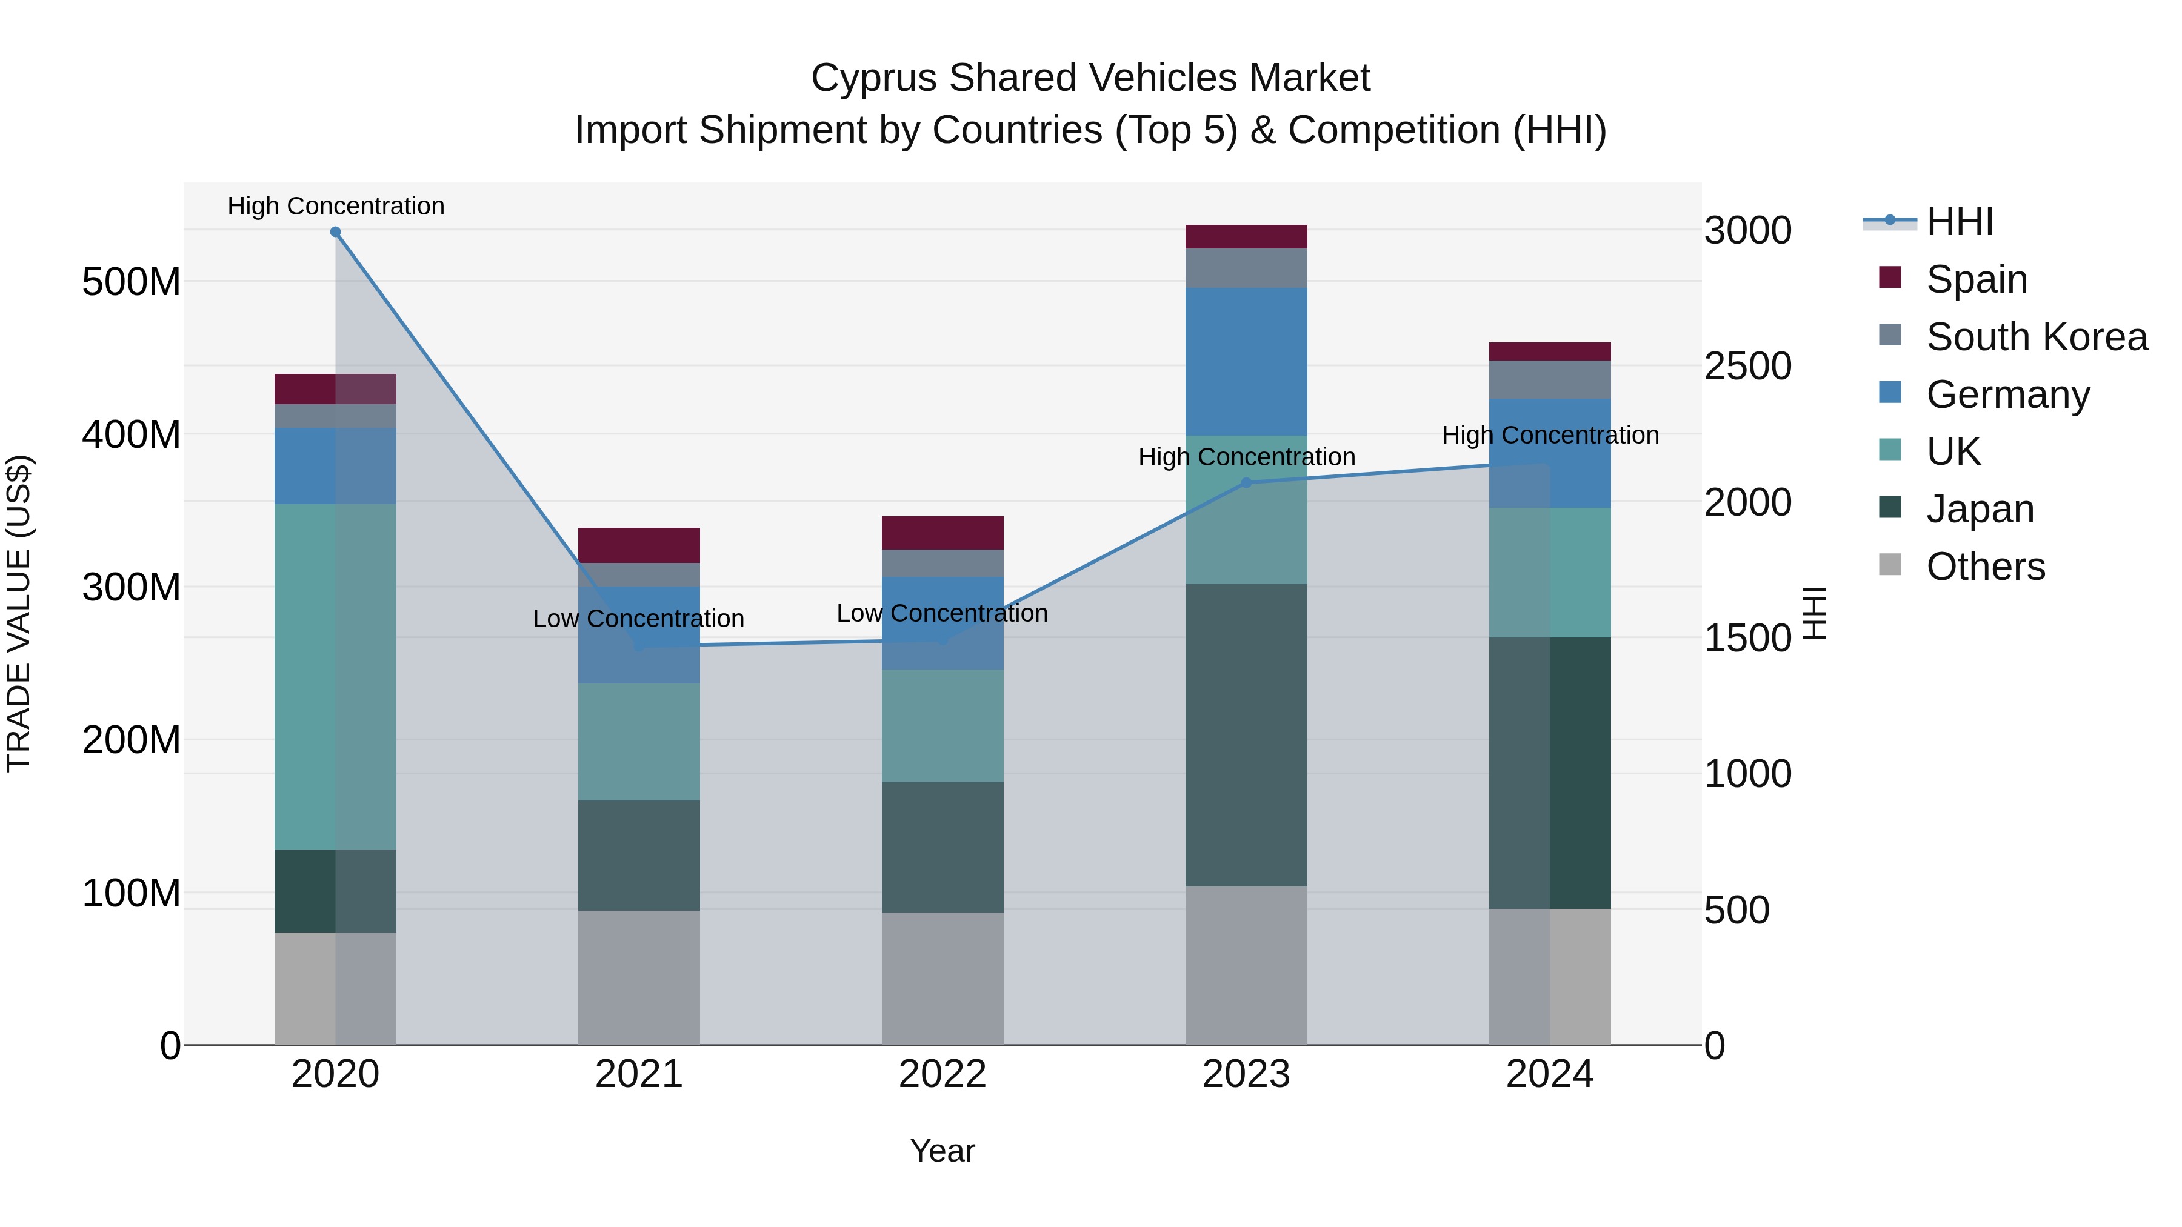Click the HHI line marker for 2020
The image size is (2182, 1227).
coord(335,232)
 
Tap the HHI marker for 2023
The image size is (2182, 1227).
coord(1246,483)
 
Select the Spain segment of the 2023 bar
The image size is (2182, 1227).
coord(1246,236)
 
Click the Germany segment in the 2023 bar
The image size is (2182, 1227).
coord(1246,362)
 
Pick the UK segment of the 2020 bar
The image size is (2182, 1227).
coord(335,677)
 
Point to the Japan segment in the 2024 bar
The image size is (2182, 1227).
coord(1550,773)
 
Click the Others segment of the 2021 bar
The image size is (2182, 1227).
coord(639,977)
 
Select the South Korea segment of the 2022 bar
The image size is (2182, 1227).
coord(943,563)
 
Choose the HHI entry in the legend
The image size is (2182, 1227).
coord(1959,222)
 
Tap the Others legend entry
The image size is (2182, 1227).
coord(1984,567)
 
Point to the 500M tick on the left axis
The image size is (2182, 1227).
coord(132,281)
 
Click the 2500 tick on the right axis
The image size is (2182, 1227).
coord(1747,367)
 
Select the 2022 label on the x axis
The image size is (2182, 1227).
coord(943,1074)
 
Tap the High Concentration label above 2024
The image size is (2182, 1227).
coord(1550,435)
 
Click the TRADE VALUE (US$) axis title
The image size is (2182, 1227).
coord(19,613)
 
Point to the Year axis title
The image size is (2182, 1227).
coord(943,1151)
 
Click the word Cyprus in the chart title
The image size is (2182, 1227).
coord(873,78)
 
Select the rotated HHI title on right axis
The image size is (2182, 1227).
coord(1813,613)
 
